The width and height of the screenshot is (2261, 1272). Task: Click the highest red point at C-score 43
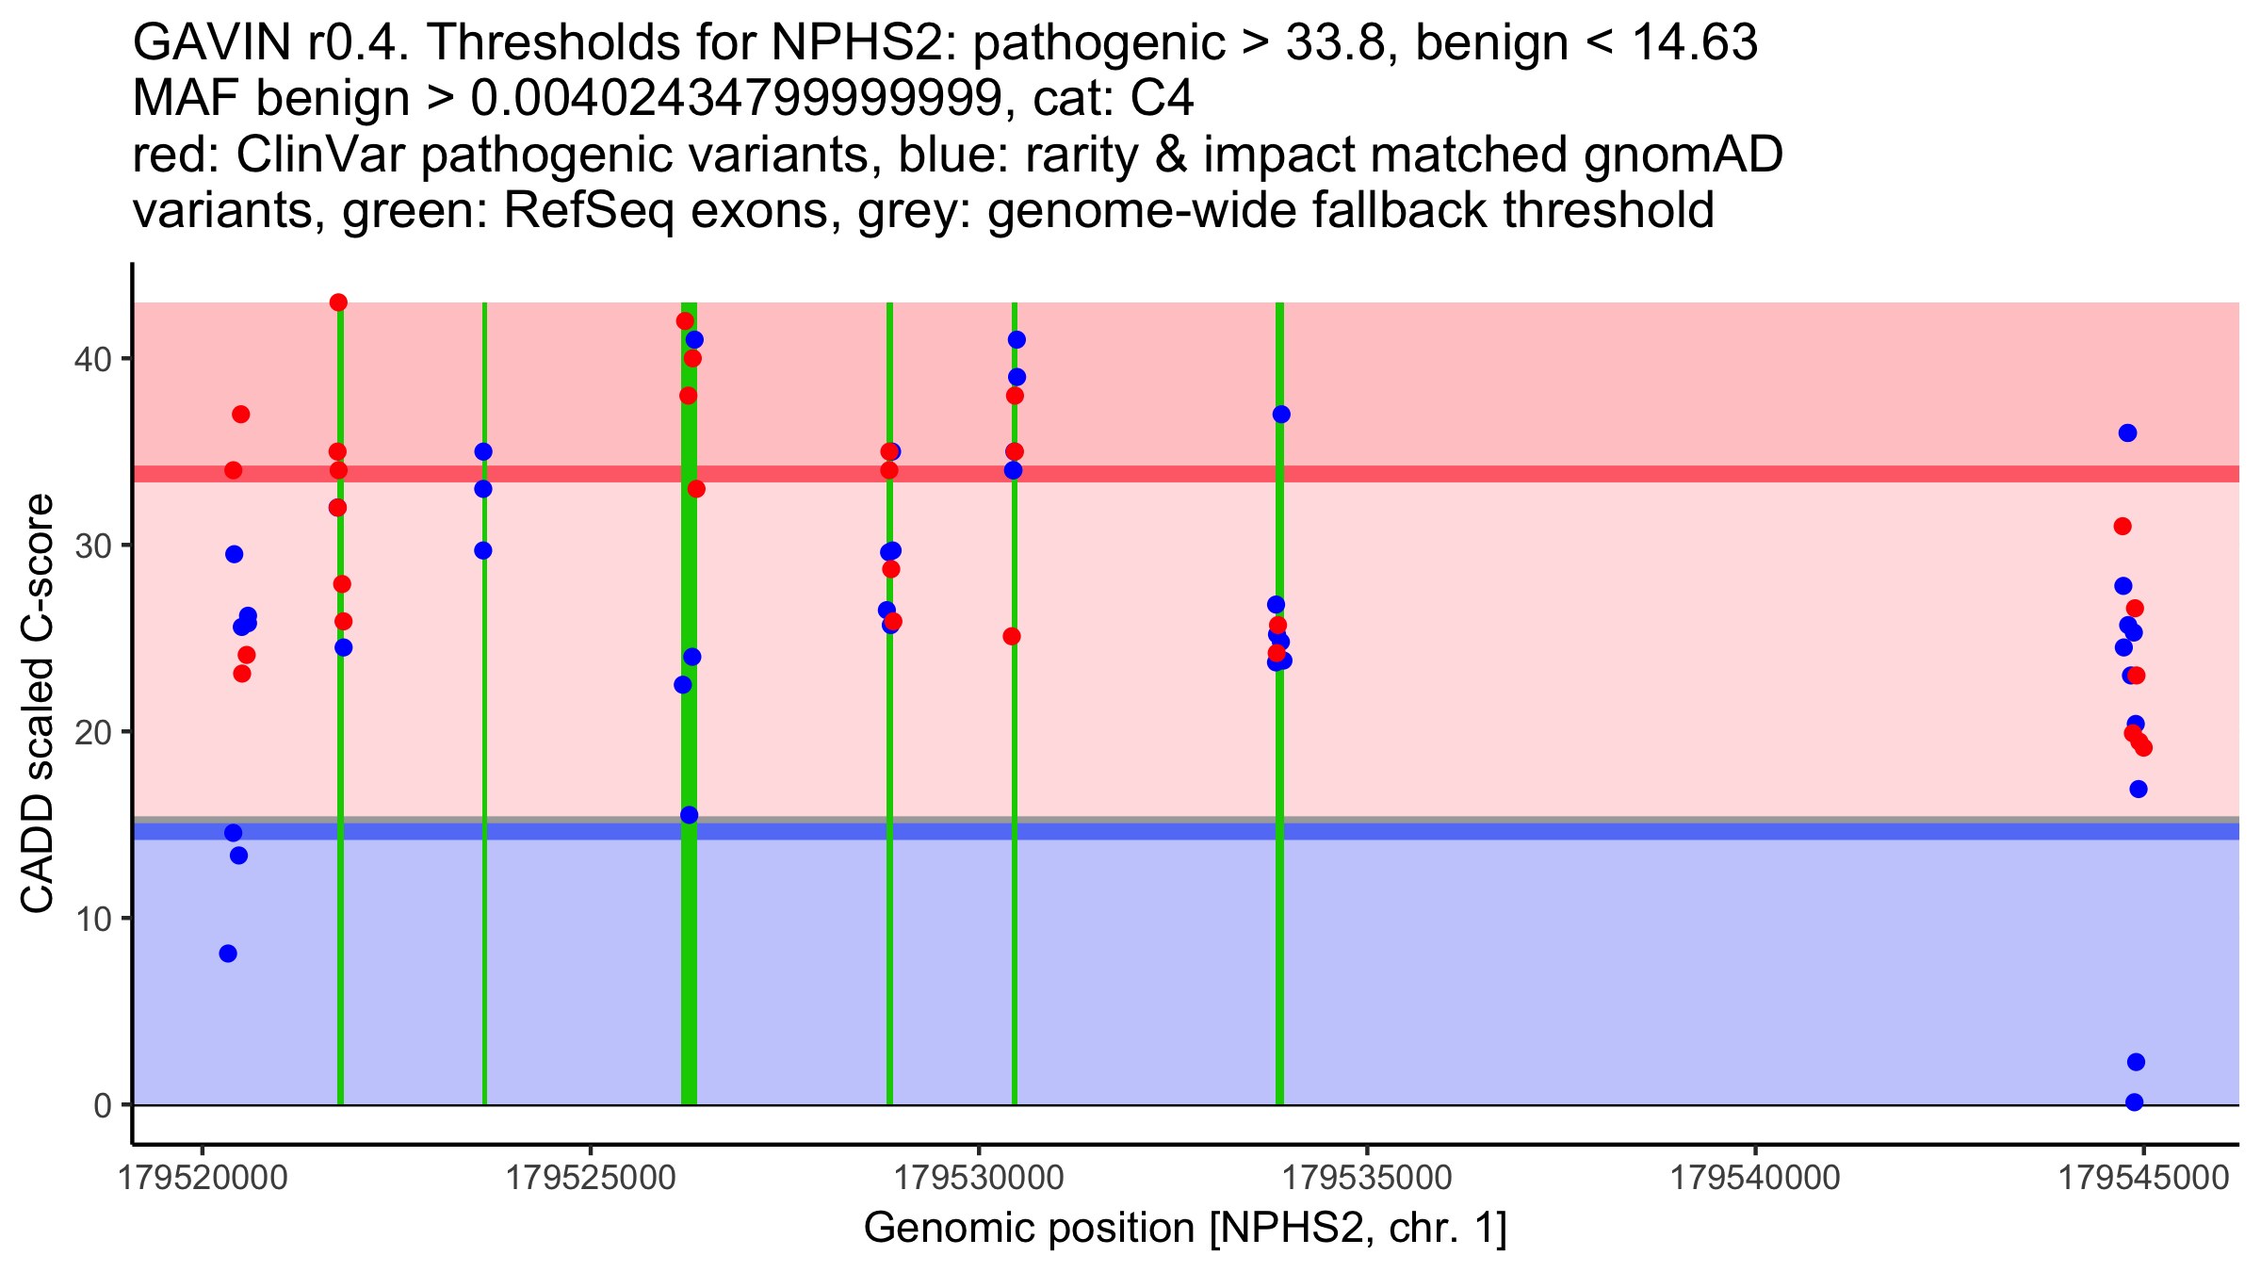coord(338,302)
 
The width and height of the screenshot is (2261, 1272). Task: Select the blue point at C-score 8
coord(228,954)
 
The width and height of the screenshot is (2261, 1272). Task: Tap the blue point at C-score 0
coord(2135,1102)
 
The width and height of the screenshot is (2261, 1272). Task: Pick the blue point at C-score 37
coord(1281,415)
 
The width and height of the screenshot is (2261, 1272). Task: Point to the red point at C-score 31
coord(2123,526)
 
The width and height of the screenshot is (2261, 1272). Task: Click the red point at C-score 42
coord(685,321)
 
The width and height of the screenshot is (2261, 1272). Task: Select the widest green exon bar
coord(690,703)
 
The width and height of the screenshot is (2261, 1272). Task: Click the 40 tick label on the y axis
coord(92,359)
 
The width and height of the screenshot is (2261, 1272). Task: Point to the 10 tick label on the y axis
coord(92,919)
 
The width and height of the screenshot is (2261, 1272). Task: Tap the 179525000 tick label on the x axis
coord(591,1179)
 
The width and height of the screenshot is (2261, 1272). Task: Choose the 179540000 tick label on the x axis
coord(1755,1179)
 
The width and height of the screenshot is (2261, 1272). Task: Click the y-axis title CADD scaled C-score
coord(38,704)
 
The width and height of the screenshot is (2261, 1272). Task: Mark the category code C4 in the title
coord(1163,98)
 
